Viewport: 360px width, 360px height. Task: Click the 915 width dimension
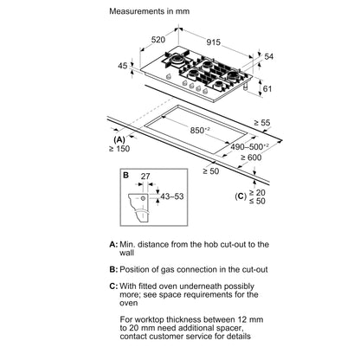pyautogui.click(x=214, y=42)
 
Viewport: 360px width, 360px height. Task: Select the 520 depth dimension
pyautogui.click(x=158, y=40)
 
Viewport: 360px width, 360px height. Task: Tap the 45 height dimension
pyautogui.click(x=123, y=66)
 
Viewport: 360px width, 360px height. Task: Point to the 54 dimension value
pyautogui.click(x=268, y=56)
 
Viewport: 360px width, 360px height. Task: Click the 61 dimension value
pyautogui.click(x=267, y=88)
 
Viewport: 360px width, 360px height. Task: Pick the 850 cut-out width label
pyautogui.click(x=199, y=130)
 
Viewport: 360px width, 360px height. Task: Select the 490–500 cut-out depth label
pyautogui.click(x=249, y=146)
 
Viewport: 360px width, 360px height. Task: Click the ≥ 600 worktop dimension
pyautogui.click(x=251, y=157)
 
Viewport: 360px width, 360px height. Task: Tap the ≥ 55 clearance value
pyautogui.click(x=262, y=123)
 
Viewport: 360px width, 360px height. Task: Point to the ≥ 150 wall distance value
pyautogui.click(x=119, y=149)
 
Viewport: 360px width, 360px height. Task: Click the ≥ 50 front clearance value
pyautogui.click(x=211, y=171)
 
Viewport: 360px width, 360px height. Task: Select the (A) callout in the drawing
pyautogui.click(x=119, y=140)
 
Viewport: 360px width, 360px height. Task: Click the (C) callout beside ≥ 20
pyautogui.click(x=241, y=196)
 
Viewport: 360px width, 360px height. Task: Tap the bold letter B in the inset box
pyautogui.click(x=125, y=175)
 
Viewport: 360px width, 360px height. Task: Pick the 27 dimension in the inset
pyautogui.click(x=145, y=176)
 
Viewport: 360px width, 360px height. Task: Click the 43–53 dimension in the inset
pyautogui.click(x=172, y=196)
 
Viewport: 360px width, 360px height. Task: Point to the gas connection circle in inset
pyautogui.click(x=143, y=198)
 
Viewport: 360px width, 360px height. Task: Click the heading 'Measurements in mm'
pyautogui.click(x=150, y=11)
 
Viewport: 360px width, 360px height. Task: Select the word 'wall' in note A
pyautogui.click(x=127, y=253)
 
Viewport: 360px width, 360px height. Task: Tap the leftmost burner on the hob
pyautogui.click(x=176, y=59)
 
